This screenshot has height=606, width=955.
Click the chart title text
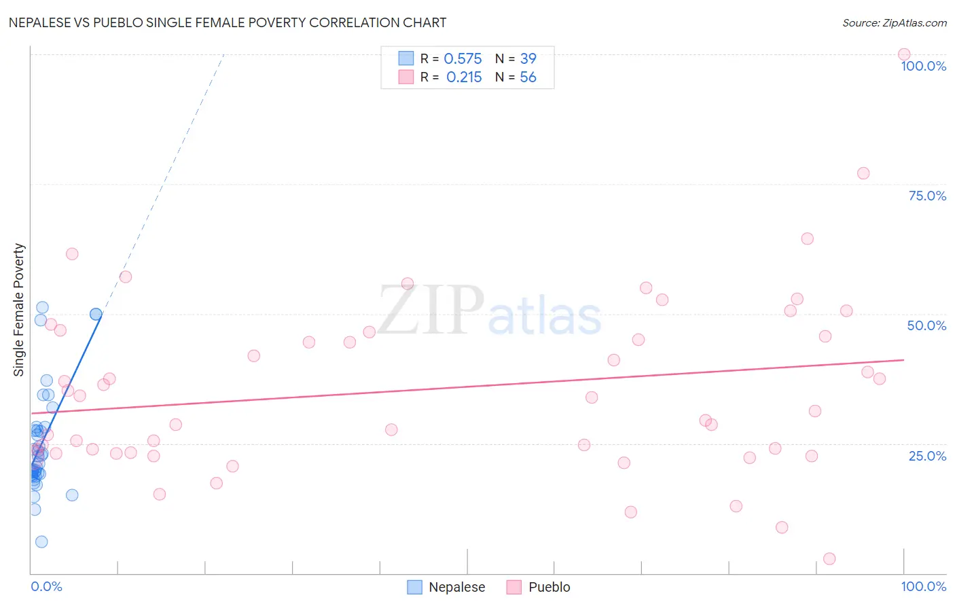[228, 22]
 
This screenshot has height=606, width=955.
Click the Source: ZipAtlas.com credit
[894, 22]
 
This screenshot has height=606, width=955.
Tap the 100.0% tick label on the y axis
[923, 66]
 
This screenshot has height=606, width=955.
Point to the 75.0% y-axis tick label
[927, 196]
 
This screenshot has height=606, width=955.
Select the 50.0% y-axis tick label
[926, 325]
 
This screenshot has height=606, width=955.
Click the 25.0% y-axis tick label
[927, 455]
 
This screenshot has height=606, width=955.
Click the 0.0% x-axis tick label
[47, 586]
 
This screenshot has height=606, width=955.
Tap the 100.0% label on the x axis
[923, 586]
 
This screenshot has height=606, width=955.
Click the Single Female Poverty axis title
[19, 310]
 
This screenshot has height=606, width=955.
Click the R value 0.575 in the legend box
[463, 59]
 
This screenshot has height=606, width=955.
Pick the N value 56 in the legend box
[528, 77]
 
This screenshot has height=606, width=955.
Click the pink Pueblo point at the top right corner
[904, 54]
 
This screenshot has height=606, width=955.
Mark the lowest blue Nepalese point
[41, 541]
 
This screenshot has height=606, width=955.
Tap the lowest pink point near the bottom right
[829, 558]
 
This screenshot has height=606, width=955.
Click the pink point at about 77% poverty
[863, 173]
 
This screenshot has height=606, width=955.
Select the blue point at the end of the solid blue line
[96, 314]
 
